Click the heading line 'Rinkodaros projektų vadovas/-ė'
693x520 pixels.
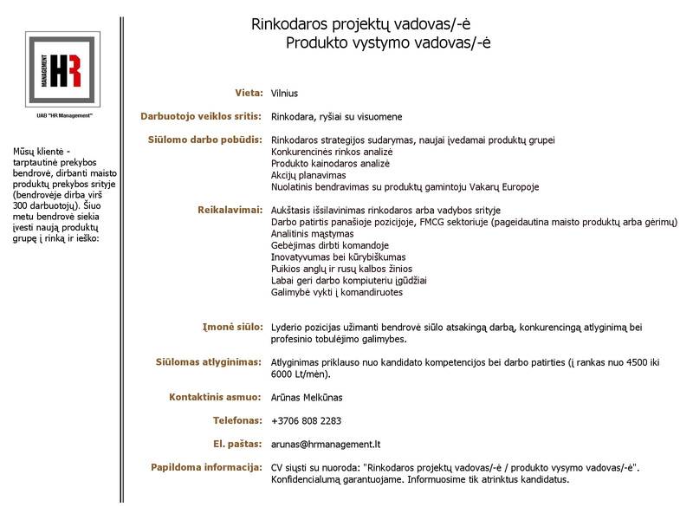coord(361,24)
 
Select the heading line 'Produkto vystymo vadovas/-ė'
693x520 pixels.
coord(388,42)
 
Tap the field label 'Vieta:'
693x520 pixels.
coord(249,93)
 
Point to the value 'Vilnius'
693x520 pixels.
coord(284,94)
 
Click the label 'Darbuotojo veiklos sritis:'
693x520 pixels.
coord(201,116)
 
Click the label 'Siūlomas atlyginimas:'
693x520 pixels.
coord(209,362)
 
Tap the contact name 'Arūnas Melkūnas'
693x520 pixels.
coord(307,398)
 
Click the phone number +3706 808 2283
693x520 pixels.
coord(306,421)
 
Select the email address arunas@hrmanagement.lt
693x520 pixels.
coord(326,445)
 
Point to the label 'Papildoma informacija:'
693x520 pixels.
coord(206,467)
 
